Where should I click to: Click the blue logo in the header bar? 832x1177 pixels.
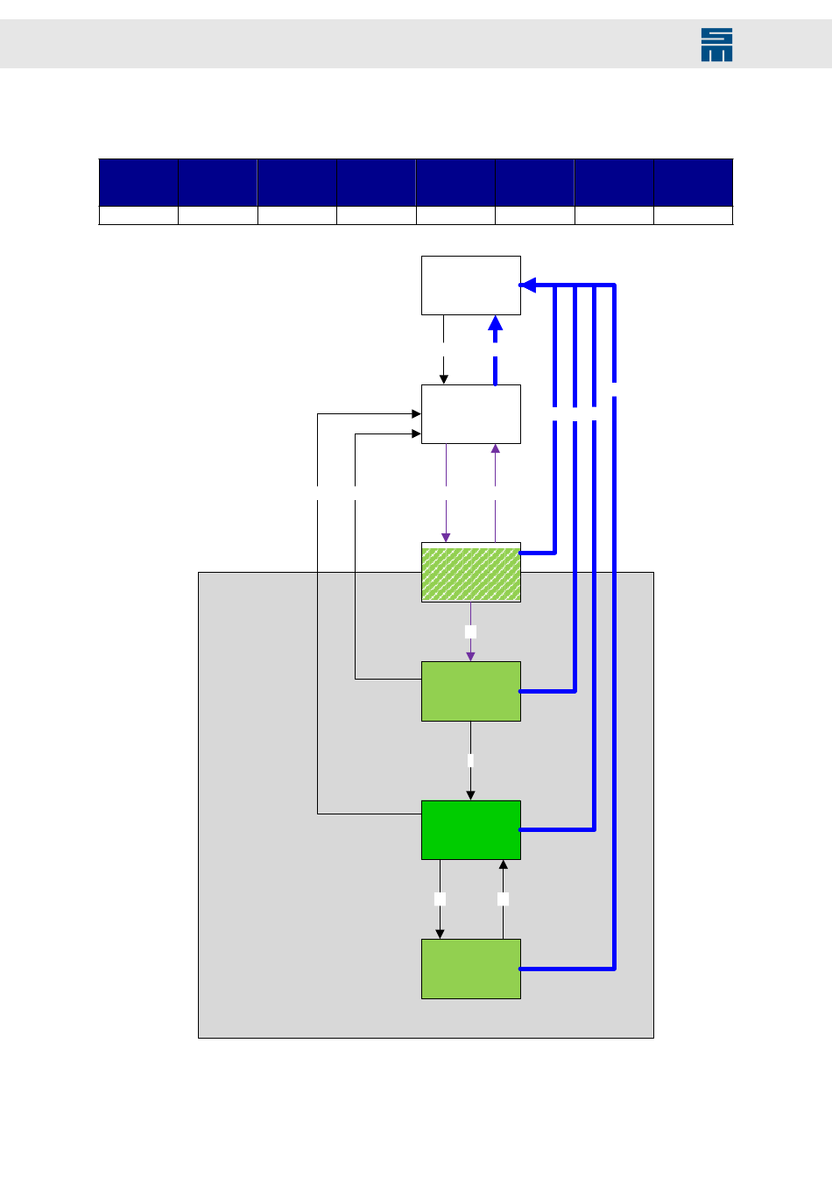[x=716, y=45]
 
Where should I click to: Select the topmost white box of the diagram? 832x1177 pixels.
[x=470, y=285]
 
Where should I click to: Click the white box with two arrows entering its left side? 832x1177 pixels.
[x=470, y=414]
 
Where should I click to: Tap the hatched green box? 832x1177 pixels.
[x=470, y=573]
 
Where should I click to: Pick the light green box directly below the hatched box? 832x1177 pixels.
[x=470, y=691]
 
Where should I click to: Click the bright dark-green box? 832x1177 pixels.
[x=470, y=830]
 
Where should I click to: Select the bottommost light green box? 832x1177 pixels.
[x=470, y=969]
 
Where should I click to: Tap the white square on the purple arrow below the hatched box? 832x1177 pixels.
[x=470, y=631]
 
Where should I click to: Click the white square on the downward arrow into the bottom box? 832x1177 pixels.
[x=440, y=899]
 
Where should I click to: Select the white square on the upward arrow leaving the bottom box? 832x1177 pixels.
[x=503, y=899]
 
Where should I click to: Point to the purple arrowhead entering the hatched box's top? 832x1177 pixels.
[x=446, y=538]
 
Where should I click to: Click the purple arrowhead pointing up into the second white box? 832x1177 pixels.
[x=496, y=448]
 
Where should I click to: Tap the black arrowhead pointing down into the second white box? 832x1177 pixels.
[x=444, y=379]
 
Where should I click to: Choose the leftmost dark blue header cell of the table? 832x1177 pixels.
[x=138, y=182]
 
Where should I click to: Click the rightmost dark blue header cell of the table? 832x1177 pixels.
[x=693, y=182]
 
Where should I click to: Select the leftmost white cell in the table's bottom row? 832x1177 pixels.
[x=138, y=215]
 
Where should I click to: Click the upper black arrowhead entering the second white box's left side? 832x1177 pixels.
[x=416, y=414]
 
